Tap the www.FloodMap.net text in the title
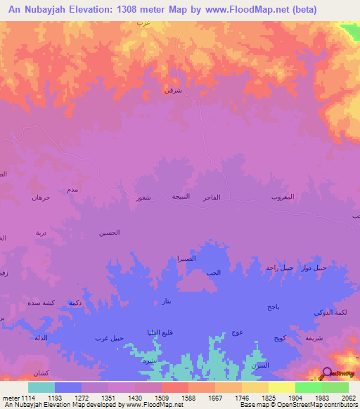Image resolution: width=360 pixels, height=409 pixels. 258,10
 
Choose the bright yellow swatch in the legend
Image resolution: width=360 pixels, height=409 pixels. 281,387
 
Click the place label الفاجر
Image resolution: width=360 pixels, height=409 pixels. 212,197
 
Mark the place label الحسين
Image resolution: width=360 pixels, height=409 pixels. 109,233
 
